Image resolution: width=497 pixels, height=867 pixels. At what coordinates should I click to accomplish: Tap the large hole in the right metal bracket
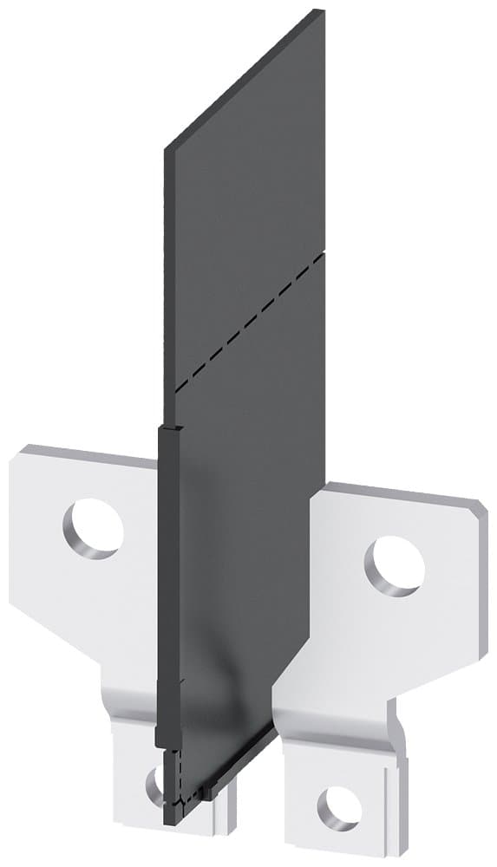tap(395, 565)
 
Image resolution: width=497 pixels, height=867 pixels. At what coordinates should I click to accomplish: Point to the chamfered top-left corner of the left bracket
tap(19, 453)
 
